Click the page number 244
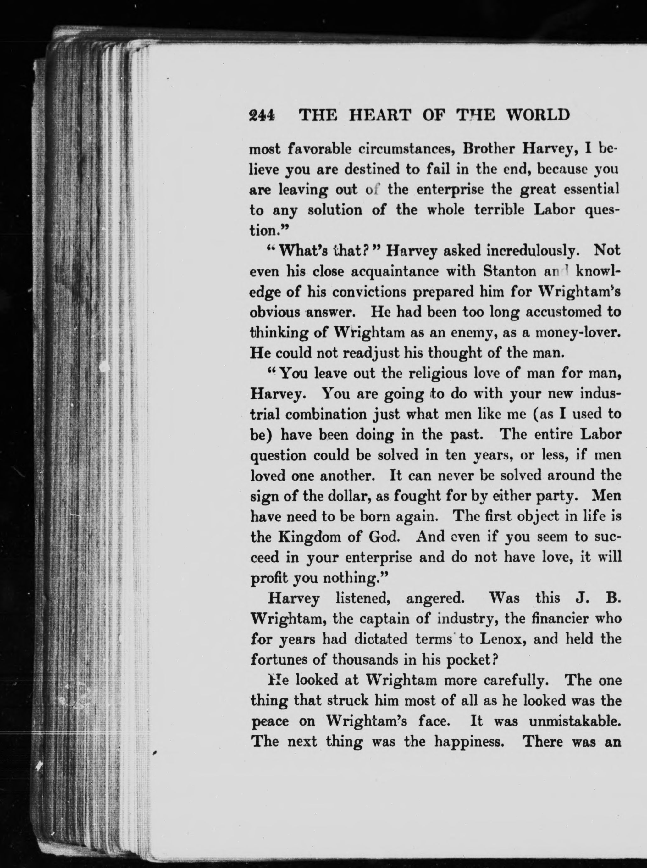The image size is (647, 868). (262, 115)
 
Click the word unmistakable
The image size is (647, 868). (575, 721)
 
